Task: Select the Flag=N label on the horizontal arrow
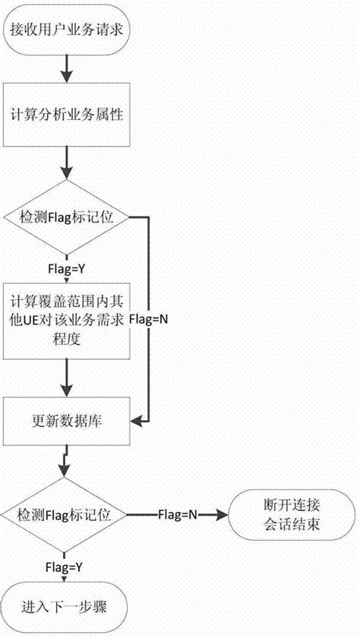point(177,514)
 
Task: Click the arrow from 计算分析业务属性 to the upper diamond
point(68,163)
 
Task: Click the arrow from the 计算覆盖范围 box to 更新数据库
point(68,376)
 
